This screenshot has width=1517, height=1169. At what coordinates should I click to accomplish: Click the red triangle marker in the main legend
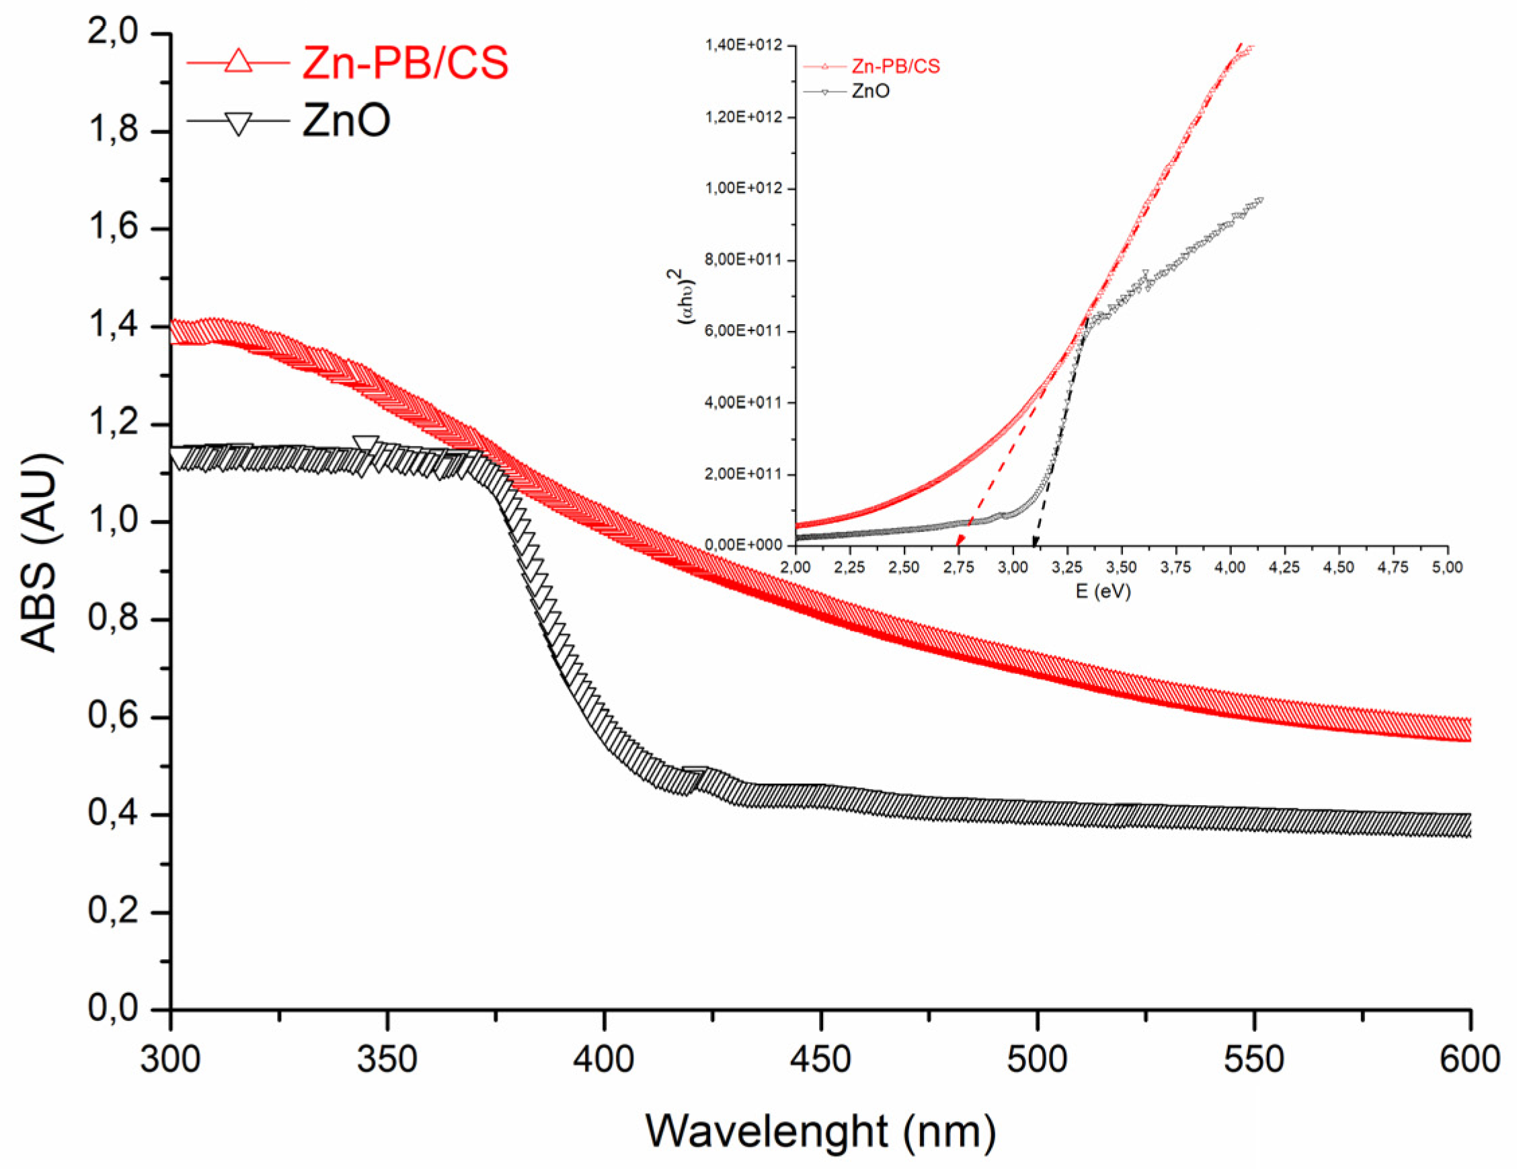tap(238, 61)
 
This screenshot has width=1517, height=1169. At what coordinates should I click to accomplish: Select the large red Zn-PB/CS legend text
tap(405, 63)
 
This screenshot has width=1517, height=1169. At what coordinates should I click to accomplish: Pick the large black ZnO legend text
tap(346, 120)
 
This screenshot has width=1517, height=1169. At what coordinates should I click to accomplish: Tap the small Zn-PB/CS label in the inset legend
tap(895, 67)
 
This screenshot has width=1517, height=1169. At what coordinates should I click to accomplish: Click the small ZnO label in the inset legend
tap(870, 91)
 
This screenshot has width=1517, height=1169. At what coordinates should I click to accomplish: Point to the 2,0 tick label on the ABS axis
tap(113, 32)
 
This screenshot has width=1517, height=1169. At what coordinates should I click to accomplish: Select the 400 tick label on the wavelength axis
tap(604, 1060)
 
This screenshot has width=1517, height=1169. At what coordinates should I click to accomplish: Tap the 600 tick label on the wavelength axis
tap(1469, 1060)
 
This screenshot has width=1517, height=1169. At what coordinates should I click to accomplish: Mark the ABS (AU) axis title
tap(39, 553)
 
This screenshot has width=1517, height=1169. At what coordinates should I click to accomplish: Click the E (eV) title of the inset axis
tap(1103, 591)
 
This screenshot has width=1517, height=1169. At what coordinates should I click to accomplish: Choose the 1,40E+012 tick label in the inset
tap(743, 45)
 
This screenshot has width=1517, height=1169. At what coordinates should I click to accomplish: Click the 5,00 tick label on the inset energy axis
tap(1447, 568)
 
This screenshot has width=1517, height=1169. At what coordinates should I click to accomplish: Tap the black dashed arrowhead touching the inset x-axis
tap(1035, 541)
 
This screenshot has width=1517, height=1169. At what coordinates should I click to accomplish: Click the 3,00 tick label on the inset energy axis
tap(1013, 568)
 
